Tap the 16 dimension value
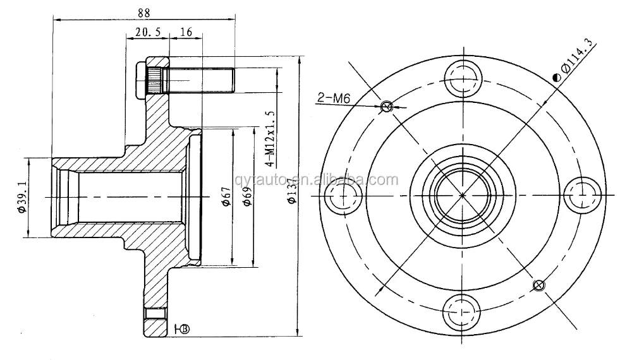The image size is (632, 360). coord(186,32)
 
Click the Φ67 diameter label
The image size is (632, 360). coord(226,197)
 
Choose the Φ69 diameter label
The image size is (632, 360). coord(246,197)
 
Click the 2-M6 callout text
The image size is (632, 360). coord(334,97)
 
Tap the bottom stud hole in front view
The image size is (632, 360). coord(462,311)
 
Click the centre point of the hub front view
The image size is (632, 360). coord(463,195)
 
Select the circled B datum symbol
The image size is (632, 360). coord(185,328)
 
